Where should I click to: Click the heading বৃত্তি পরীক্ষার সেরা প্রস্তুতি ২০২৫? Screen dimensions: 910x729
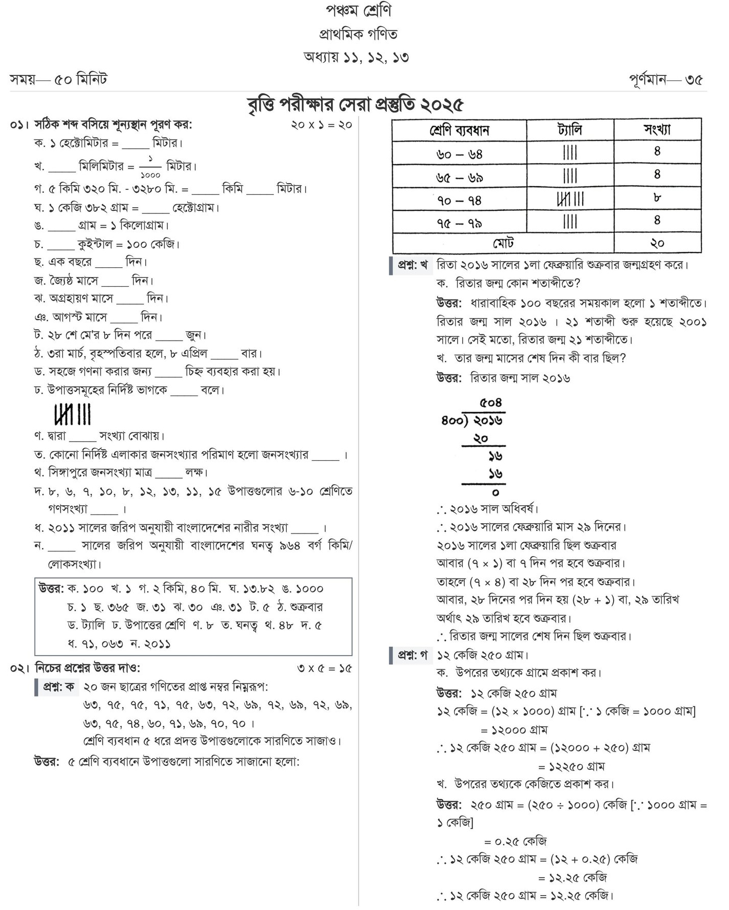coord(355,105)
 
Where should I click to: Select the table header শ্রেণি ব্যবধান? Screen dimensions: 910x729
coord(459,130)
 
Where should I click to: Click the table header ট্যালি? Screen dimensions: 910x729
coord(569,130)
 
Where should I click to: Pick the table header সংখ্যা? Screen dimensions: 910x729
coord(657,130)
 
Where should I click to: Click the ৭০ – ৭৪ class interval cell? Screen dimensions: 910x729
coord(459,200)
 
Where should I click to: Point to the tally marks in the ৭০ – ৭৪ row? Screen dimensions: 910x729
coord(570,199)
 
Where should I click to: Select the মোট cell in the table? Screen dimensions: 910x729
coord(503,243)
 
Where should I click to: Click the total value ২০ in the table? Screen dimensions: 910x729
coord(657,243)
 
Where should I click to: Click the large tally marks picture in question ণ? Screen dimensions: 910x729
coord(72,414)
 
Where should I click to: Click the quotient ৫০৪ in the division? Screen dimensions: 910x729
coord(490,403)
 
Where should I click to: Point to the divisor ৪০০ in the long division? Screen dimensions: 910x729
coord(453,421)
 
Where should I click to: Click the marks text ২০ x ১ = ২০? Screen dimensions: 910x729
coord(321,125)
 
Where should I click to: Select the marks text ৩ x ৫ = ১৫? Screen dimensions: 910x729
coord(324,669)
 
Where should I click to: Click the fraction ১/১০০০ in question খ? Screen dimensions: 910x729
coord(150,166)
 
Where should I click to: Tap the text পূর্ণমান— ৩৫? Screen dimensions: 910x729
coord(665,80)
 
